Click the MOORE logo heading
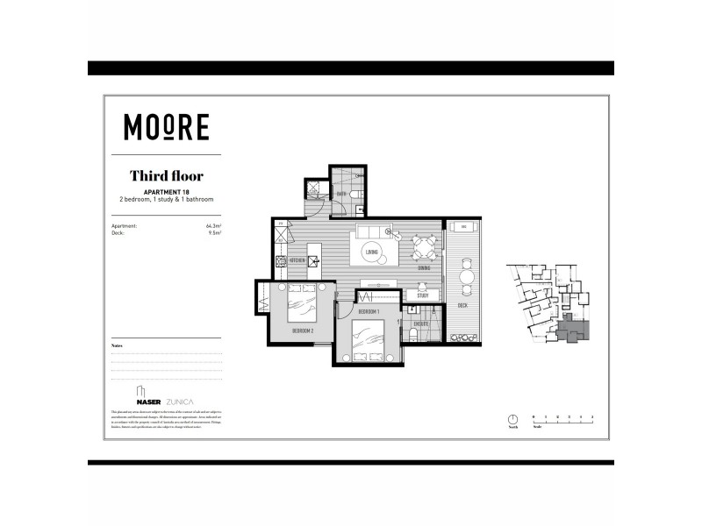pos(166,128)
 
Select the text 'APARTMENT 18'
pos(166,191)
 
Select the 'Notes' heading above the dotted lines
pos(118,346)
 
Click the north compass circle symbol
pos(512,418)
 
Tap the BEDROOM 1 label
pos(369,312)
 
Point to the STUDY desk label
pos(422,295)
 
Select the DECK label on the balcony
pos(462,305)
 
